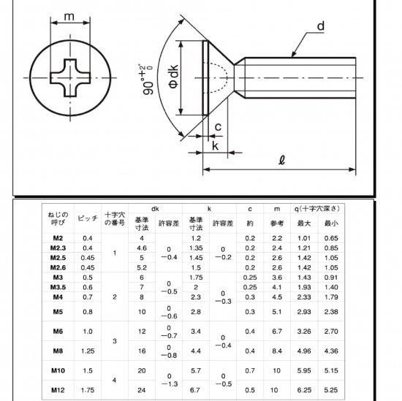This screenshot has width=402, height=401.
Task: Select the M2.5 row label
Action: [58, 257]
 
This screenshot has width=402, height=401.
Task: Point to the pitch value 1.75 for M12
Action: [88, 390]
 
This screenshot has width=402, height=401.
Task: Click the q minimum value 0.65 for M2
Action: [331, 239]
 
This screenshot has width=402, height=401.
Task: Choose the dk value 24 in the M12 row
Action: [143, 390]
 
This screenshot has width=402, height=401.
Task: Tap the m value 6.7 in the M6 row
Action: [276, 332]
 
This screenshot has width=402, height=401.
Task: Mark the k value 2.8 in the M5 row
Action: [196, 312]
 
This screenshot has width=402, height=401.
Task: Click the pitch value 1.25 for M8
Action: [88, 351]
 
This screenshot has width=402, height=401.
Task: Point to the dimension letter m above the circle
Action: [69, 16]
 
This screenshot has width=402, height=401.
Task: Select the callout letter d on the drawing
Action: [319, 26]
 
